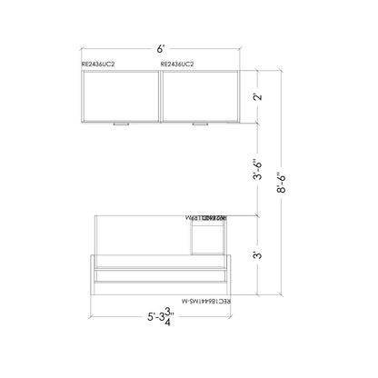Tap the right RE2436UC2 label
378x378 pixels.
pyautogui.click(x=179, y=65)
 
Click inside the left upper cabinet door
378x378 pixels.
pyautogui.click(x=120, y=95)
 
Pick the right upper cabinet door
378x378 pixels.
pyautogui.click(x=199, y=95)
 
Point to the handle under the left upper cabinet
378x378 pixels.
pyautogui.click(x=120, y=124)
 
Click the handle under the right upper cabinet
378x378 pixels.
pyautogui.click(x=199, y=124)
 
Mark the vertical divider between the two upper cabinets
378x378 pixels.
pyautogui.click(x=160, y=95)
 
